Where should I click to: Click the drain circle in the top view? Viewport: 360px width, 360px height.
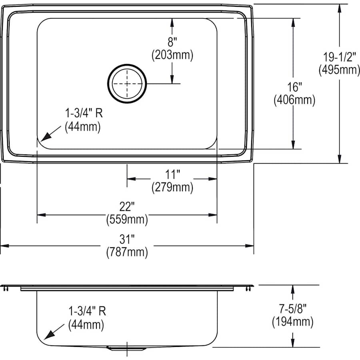pos(127,84)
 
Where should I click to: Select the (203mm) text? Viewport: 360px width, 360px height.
pos(172,55)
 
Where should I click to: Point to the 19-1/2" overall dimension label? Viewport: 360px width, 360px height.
pos(339,57)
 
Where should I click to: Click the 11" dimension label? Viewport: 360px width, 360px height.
pos(172,174)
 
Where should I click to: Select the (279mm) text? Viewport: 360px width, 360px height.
pos(172,187)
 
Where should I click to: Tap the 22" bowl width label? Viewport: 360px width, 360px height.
pos(127,206)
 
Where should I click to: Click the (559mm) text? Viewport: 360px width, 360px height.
pos(127,219)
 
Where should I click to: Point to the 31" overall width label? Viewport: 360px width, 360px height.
pos(127,239)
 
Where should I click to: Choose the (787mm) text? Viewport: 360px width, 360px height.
pos(127,252)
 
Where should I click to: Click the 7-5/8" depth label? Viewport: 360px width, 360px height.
pos(293,308)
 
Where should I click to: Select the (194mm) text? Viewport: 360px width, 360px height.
pos(293,321)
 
